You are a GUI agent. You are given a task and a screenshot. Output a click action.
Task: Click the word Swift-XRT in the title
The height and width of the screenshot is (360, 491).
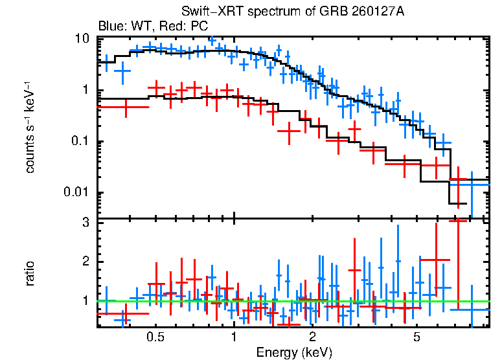[x=208, y=12]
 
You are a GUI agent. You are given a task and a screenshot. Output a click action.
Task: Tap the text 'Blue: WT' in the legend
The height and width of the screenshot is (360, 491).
[x=119, y=27]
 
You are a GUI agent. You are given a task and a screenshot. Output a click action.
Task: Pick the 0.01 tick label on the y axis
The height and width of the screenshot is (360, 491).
[x=74, y=193]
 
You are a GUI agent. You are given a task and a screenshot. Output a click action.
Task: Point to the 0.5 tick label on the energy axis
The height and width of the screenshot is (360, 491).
[x=155, y=337]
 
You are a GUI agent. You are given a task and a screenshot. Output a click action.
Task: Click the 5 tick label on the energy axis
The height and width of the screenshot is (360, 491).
[x=417, y=337]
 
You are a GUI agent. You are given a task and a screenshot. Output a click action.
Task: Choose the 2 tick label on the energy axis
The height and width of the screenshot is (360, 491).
[x=312, y=337]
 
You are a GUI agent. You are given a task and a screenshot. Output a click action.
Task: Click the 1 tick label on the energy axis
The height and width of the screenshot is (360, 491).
[x=234, y=337]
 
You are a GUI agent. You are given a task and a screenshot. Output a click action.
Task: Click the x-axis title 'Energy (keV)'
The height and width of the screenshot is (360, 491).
[x=294, y=352]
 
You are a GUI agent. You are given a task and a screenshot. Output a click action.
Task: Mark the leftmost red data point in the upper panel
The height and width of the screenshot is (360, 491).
[x=126, y=107]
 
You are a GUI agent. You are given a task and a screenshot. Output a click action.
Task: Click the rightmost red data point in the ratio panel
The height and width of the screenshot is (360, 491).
[x=459, y=220]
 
